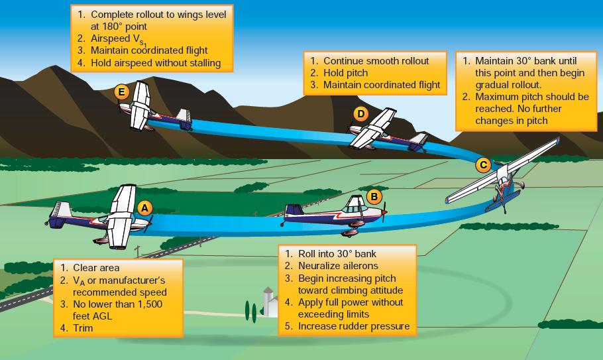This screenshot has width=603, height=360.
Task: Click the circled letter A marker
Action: tap(144, 208)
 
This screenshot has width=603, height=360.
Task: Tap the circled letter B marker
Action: tap(374, 196)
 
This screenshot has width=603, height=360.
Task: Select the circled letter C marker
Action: tap(483, 164)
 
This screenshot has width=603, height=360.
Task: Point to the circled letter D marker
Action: tap(360, 114)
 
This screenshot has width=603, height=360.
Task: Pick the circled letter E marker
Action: tap(121, 92)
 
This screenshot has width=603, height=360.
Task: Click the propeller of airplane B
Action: tap(384, 212)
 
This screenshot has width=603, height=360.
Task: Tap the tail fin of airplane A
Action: tap(61, 211)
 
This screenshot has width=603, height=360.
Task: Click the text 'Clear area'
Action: tap(96, 268)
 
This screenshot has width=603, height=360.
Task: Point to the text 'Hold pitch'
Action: tap(345, 73)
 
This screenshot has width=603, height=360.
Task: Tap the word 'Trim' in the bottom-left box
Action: tap(83, 328)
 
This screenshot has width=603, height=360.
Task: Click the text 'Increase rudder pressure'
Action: tap(353, 326)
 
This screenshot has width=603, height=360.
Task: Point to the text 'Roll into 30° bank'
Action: tap(337, 254)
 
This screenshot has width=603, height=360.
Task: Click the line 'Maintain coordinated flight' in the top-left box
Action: tap(149, 50)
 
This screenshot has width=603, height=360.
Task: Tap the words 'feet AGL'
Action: tap(93, 316)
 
